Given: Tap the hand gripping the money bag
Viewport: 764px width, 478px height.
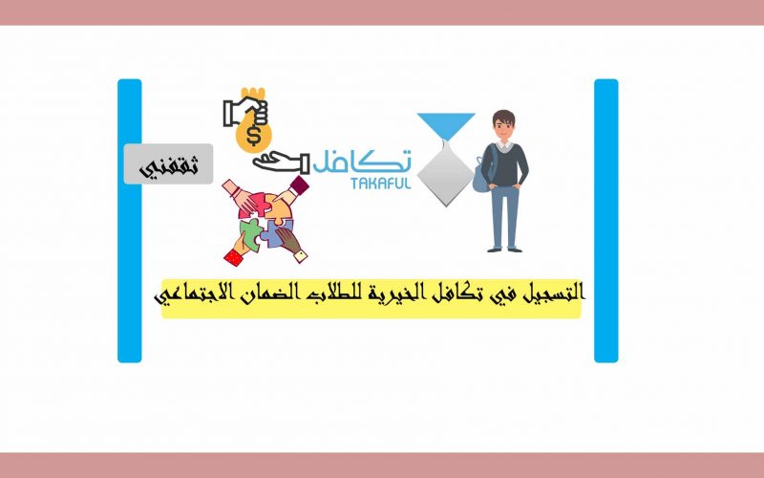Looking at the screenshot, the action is [x=246, y=112].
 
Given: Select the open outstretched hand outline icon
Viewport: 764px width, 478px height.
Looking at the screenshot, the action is [x=281, y=163].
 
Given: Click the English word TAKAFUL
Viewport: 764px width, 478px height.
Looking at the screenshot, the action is [x=380, y=183].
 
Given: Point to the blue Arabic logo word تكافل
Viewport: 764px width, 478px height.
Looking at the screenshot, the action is [x=362, y=161].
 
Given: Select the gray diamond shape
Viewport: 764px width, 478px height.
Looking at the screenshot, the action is [x=446, y=174].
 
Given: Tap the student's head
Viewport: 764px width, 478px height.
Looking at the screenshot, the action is [x=503, y=125].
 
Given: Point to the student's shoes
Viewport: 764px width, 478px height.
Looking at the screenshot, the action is [x=505, y=250].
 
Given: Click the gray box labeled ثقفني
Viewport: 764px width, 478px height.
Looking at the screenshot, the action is [x=169, y=163].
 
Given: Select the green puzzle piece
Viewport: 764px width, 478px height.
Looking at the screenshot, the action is [x=251, y=232].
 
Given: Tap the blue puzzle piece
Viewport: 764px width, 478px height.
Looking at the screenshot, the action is [x=278, y=234].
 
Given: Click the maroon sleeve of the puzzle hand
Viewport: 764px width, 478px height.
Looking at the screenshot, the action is [x=299, y=185].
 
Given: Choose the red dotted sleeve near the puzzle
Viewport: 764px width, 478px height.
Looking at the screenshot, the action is [x=233, y=257].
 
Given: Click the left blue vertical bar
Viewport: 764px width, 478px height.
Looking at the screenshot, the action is [x=130, y=221].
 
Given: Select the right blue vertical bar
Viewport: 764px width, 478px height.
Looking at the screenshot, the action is [x=606, y=221].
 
